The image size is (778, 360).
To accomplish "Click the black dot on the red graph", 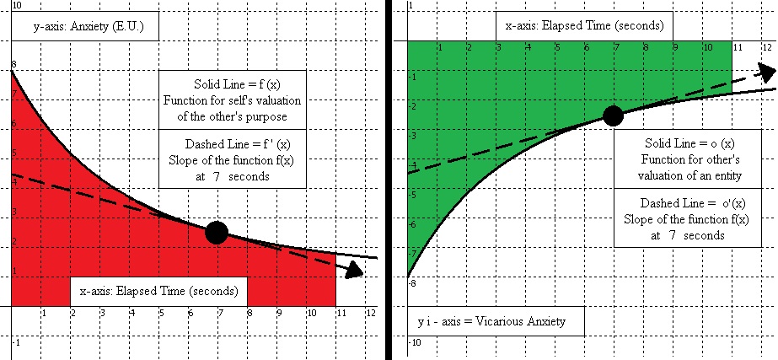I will [x=217, y=233].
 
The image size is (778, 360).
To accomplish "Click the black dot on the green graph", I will [x=614, y=116].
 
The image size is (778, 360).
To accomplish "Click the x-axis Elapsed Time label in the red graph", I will [x=158, y=291].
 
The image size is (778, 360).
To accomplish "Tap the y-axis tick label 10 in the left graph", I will [x=18, y=6].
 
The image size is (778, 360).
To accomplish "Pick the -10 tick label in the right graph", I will [x=415, y=342].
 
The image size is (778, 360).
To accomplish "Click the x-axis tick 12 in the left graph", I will [x=370, y=312].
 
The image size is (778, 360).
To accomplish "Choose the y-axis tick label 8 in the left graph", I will [x=13, y=65].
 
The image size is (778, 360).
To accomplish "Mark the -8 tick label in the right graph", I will [x=413, y=283].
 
